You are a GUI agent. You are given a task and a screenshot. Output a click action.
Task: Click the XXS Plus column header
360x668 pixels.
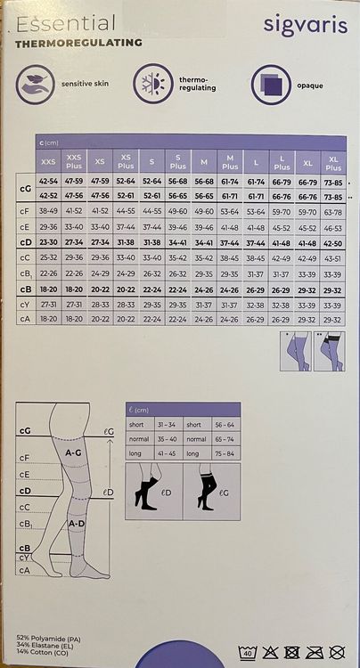[x=74, y=162]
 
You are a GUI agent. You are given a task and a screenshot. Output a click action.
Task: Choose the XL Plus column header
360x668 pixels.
[x=333, y=162]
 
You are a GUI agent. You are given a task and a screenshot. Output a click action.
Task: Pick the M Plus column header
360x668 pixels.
[x=230, y=162]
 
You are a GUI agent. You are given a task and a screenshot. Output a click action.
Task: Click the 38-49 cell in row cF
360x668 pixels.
[x=48, y=212]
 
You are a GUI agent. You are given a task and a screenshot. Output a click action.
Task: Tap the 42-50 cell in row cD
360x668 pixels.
[x=333, y=242]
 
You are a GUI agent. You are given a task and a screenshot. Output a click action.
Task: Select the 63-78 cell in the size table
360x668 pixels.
[x=333, y=212]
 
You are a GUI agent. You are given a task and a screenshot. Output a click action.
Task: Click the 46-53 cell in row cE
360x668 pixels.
[x=333, y=227]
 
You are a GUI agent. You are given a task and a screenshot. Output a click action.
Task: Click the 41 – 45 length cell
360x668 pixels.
[x=166, y=453]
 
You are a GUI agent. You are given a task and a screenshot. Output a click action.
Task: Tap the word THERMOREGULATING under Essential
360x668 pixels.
[x=78, y=42]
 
